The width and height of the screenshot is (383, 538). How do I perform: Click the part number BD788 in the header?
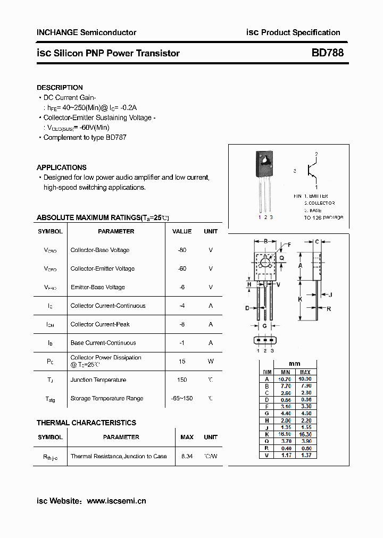click(327, 53)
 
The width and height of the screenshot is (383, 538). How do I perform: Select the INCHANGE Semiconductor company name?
click(86, 32)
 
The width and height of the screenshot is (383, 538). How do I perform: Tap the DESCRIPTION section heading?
click(60, 87)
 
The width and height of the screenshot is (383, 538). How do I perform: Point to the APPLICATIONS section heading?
click(61, 167)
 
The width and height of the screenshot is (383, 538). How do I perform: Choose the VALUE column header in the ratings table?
click(182, 231)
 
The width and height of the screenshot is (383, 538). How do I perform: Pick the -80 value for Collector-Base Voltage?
click(182, 250)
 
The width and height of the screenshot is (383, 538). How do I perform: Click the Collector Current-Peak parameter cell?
click(100, 324)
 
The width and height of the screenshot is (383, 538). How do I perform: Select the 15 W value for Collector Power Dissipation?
click(182, 362)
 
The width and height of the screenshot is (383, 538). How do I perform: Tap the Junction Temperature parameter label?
click(98, 380)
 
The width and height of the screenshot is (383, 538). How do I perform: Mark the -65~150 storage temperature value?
click(182, 398)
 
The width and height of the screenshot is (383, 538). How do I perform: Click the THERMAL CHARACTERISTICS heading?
click(86, 423)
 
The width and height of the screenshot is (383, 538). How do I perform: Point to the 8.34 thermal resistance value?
click(187, 456)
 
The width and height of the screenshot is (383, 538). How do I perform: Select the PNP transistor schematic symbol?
click(311, 171)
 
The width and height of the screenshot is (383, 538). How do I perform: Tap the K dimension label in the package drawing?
click(301, 299)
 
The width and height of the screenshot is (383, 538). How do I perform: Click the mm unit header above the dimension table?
click(294, 364)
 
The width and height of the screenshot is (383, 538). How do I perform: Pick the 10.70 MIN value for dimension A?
click(286, 379)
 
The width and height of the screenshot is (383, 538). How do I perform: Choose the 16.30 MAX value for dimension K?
click(305, 434)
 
